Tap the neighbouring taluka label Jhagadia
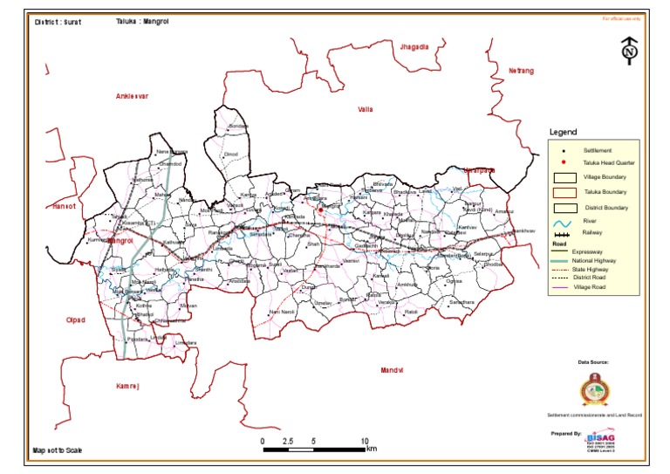(413, 45)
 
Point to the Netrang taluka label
(520, 70)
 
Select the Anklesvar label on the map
(133, 96)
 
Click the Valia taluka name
(365, 109)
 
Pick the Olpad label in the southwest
(76, 320)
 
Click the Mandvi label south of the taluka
(393, 371)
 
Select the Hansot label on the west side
(65, 207)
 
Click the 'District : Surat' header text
(58, 22)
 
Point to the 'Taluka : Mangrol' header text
(141, 21)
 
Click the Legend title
(563, 132)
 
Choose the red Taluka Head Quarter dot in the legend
(564, 163)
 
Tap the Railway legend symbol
(564, 234)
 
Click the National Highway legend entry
(564, 261)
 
